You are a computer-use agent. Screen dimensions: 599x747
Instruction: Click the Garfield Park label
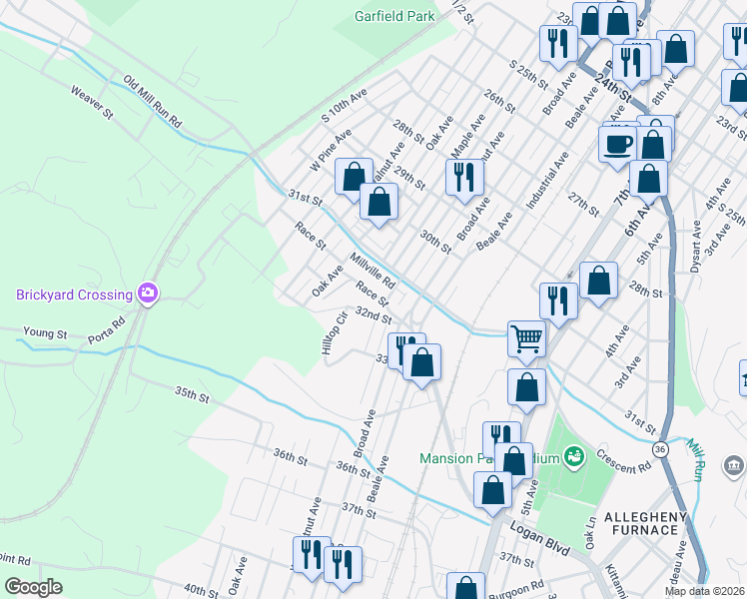(x=395, y=16)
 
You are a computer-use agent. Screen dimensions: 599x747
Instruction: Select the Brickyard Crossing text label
(x=74, y=295)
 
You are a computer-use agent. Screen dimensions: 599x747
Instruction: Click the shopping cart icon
(x=526, y=338)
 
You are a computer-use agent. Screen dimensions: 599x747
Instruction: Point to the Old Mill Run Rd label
(x=152, y=103)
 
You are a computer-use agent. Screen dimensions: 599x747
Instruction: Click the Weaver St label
(x=92, y=103)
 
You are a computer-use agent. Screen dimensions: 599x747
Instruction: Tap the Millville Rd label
(x=373, y=269)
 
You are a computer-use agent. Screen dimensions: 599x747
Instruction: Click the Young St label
(x=45, y=333)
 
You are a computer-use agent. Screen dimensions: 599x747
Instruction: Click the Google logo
(x=33, y=586)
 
